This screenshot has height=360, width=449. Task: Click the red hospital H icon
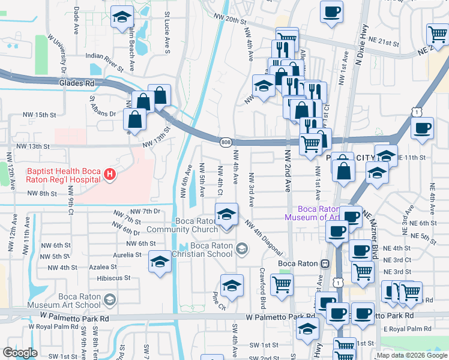[x=109, y=175]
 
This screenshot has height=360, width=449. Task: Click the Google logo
[x=20, y=353]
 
